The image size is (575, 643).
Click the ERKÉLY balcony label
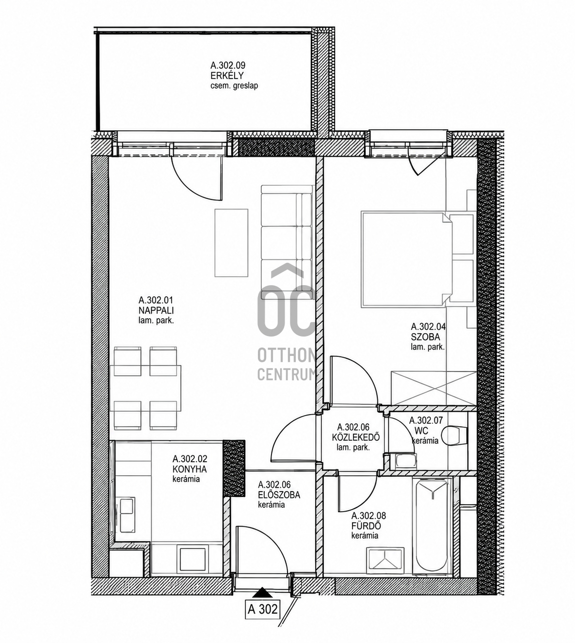pos(227,76)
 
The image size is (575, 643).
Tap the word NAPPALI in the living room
pos(156,310)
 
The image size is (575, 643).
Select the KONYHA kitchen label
pos(190,469)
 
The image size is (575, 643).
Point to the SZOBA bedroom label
pos(425,337)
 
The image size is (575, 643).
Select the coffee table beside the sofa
pos(231,243)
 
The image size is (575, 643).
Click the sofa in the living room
pos(287,242)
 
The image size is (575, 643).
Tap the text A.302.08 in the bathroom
pos(369,516)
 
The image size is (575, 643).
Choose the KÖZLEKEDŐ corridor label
pos(356,437)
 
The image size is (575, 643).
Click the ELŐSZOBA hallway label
pos(279,495)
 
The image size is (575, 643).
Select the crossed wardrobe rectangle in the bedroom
pos(434,388)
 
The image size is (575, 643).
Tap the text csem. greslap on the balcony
pos(234,86)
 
